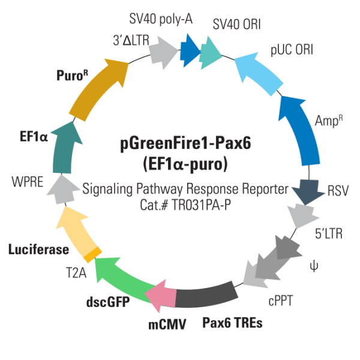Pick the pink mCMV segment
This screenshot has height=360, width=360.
(161, 295)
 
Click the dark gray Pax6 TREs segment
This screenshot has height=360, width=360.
(204, 295)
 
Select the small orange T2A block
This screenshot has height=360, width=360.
(91, 255)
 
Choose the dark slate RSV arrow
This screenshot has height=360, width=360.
(307, 192)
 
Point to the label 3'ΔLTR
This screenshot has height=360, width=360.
(131, 41)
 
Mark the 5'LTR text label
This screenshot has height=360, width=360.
(328, 233)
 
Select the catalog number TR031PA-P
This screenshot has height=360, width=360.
(206, 203)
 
